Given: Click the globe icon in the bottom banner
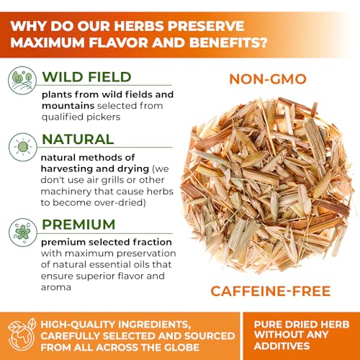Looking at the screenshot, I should [22, 335].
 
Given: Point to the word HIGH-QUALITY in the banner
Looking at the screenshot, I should [83, 323].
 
